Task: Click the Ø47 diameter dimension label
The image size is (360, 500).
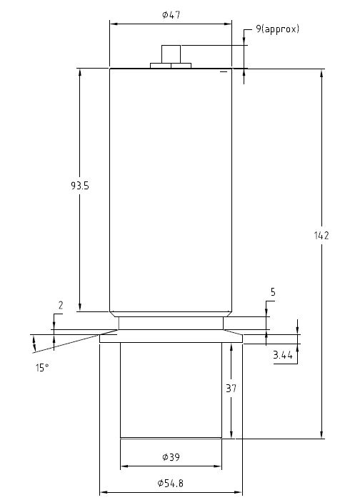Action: tap(171, 14)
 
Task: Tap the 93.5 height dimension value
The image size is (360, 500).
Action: tap(79, 185)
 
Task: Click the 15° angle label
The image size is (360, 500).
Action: tap(42, 367)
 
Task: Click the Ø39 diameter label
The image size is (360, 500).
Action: tap(171, 456)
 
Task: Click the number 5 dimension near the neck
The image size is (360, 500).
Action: tap(273, 292)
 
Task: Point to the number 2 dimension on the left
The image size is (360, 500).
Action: tap(60, 305)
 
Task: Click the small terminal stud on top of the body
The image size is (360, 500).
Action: tap(171, 54)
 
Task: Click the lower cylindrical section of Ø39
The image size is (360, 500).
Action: tap(171, 389)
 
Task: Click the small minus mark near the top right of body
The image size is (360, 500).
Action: tap(224, 72)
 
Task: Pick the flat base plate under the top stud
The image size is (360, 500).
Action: tap(171, 66)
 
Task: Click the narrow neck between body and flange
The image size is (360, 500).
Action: tap(171, 323)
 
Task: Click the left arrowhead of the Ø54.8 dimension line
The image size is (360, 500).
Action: tap(102, 492)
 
